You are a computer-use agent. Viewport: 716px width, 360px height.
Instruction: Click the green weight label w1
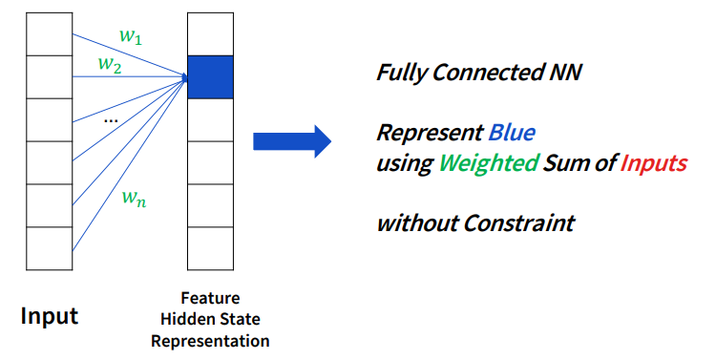[x=131, y=36]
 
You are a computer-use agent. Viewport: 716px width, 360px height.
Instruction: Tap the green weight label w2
[x=110, y=65]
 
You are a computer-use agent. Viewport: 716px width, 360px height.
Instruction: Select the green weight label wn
[x=135, y=199]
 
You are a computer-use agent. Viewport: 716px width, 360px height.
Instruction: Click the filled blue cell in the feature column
[x=211, y=77]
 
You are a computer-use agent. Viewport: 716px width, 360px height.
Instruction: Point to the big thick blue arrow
[x=292, y=141]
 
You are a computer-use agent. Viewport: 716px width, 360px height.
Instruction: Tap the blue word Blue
[x=512, y=133]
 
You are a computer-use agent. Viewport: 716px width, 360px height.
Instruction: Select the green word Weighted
[x=489, y=163]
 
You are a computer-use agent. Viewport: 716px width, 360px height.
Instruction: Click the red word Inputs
[x=653, y=163]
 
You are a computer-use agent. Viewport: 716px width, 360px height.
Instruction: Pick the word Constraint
[x=518, y=223]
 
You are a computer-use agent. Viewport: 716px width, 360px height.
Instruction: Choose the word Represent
[x=430, y=134]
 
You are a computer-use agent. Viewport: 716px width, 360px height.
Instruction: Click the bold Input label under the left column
[x=50, y=316]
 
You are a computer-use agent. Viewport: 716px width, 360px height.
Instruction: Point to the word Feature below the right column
[x=211, y=298]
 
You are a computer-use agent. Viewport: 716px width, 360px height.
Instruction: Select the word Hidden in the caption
[x=186, y=319]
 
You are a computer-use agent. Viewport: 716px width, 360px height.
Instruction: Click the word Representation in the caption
[x=211, y=341]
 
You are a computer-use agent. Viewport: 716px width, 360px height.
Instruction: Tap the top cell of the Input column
[x=50, y=34]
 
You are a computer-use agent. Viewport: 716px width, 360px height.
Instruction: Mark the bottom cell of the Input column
[x=50, y=248]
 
